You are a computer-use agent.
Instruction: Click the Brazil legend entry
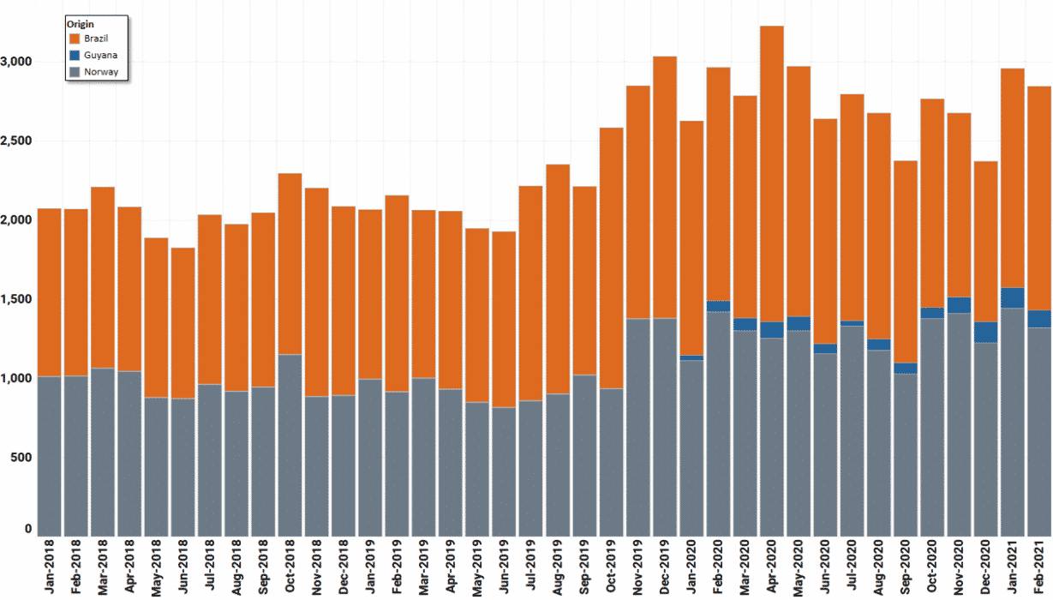(x=95, y=39)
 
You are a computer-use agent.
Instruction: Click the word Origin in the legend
(x=81, y=23)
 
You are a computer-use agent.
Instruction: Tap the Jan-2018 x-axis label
(x=49, y=567)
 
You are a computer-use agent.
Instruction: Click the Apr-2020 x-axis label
(x=772, y=567)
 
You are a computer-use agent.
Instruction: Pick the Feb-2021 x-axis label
(x=1039, y=567)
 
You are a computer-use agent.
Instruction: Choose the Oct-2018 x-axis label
(x=290, y=567)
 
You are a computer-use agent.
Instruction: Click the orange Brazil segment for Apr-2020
(x=772, y=171)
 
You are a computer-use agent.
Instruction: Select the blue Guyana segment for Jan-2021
(x=1013, y=297)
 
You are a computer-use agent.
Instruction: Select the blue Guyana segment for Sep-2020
(x=906, y=369)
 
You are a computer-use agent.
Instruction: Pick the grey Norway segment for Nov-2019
(x=638, y=429)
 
